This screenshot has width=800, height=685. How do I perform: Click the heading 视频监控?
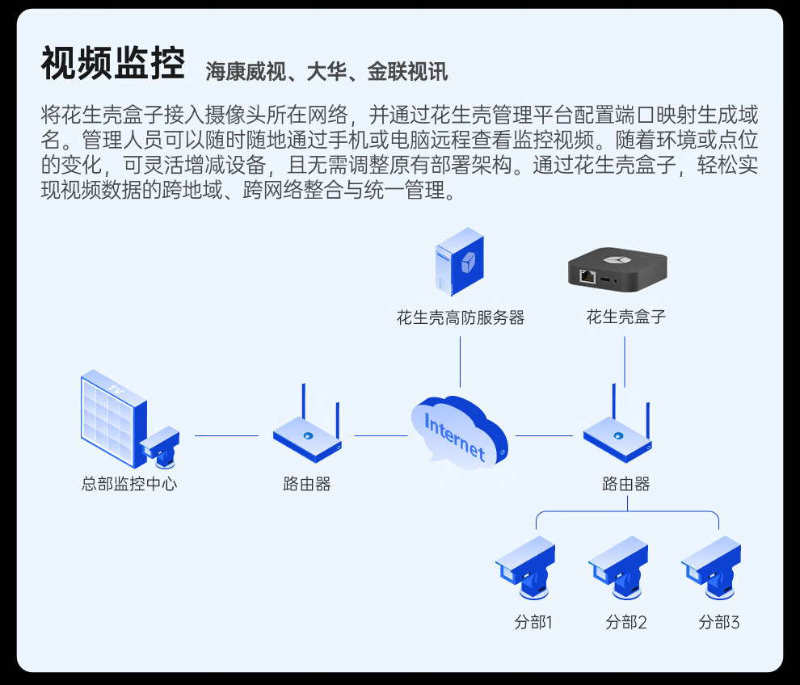pos(113,63)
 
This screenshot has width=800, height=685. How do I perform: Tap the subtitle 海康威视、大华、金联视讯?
pos(326,72)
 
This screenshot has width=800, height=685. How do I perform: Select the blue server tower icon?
pos(460,262)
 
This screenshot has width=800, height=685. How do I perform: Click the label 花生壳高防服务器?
pos(461,317)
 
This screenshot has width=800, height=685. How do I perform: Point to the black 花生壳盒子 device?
pos(617,270)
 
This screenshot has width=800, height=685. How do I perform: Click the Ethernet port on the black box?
pos(587,276)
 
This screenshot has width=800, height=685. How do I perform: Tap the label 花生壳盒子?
pos(626,317)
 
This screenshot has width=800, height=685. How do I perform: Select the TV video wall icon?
pos(114,418)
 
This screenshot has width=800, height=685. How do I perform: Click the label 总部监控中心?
pos(129,484)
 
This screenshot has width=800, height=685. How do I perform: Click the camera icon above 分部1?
pos(525,567)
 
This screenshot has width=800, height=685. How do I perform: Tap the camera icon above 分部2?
pos(618,567)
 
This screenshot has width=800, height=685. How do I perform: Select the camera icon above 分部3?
pos(711,567)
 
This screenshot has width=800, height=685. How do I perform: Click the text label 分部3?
pos(719,622)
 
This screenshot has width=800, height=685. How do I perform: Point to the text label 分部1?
pos(533,622)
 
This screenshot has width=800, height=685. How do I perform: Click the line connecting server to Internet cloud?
pos(461,362)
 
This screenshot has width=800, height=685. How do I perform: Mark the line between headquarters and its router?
pos(226,435)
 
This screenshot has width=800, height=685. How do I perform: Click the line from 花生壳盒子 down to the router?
pos(625,362)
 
